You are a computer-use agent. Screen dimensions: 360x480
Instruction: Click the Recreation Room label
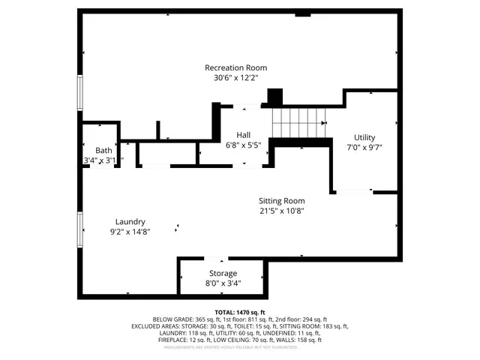tap(235, 67)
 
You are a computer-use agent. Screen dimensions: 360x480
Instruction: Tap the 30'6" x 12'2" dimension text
tap(235, 78)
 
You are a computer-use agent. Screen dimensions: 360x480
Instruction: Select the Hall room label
tap(244, 135)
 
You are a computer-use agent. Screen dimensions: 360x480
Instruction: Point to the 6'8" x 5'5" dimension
tap(244, 145)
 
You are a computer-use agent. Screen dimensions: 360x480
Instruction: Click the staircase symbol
tap(300, 123)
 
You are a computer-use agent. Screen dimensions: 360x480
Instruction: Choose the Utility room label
tap(364, 137)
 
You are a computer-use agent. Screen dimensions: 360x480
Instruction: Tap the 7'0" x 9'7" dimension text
tap(364, 148)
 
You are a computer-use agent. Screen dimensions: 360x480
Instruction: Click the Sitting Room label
tap(282, 200)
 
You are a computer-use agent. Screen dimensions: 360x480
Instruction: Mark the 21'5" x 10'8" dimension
tap(282, 211)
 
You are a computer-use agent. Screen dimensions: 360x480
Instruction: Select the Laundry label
tap(130, 221)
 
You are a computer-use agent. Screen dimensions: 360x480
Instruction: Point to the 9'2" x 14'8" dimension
tap(130, 232)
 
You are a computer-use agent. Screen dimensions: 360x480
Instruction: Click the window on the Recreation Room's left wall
tap(80, 94)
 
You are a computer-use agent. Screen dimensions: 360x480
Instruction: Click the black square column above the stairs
tap(274, 97)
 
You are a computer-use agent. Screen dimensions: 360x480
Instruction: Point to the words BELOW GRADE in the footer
tap(171, 319)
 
